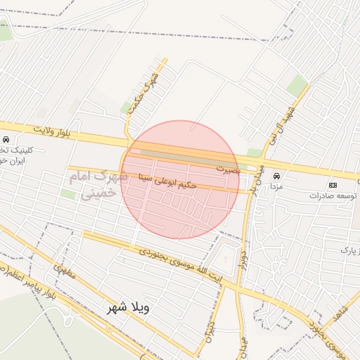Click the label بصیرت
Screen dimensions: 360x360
[228, 169]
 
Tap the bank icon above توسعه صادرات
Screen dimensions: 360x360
[333, 185]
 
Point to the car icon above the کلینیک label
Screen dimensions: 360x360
[6, 139]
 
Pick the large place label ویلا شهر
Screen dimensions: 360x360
[130, 308]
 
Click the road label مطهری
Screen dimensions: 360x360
[63, 271]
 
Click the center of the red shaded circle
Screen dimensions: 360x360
[180, 180]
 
